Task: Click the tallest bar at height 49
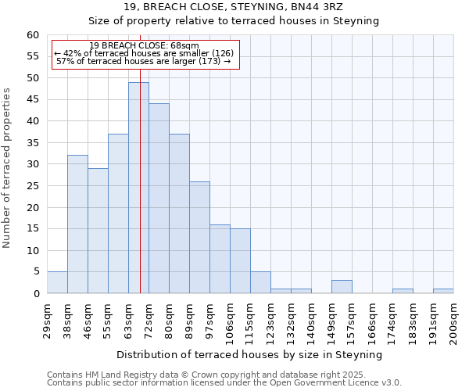click(x=138, y=188)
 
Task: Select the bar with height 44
click(x=159, y=199)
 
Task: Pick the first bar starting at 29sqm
click(x=57, y=282)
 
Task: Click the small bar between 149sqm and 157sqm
click(x=342, y=286)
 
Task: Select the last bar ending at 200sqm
click(x=443, y=291)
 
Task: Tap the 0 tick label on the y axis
click(x=36, y=294)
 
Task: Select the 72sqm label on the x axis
click(x=149, y=319)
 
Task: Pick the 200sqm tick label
click(x=453, y=321)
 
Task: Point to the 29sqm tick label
click(x=47, y=319)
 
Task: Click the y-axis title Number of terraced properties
click(x=8, y=168)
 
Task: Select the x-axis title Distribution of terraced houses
click(x=249, y=354)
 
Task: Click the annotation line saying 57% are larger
click(x=144, y=61)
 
